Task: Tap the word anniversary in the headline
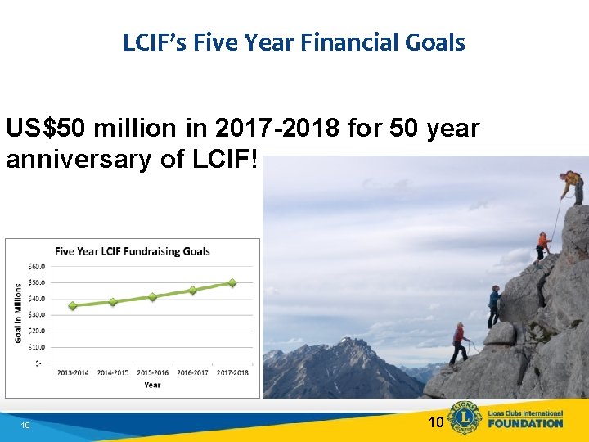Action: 72,159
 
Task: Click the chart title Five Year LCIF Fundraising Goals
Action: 133,251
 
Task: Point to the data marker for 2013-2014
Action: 73,305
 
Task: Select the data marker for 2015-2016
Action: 152,297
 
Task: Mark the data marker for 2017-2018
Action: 232,283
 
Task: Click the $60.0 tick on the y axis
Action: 37,266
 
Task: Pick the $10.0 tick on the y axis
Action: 37,347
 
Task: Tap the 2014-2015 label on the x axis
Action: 113,372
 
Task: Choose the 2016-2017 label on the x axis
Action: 193,372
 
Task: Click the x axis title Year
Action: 152,384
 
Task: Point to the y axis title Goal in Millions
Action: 19,313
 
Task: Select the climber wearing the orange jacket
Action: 542,244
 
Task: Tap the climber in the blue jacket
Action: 494,305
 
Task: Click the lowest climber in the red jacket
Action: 460,342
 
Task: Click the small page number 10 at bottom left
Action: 25,426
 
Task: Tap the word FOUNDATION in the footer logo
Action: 525,424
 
